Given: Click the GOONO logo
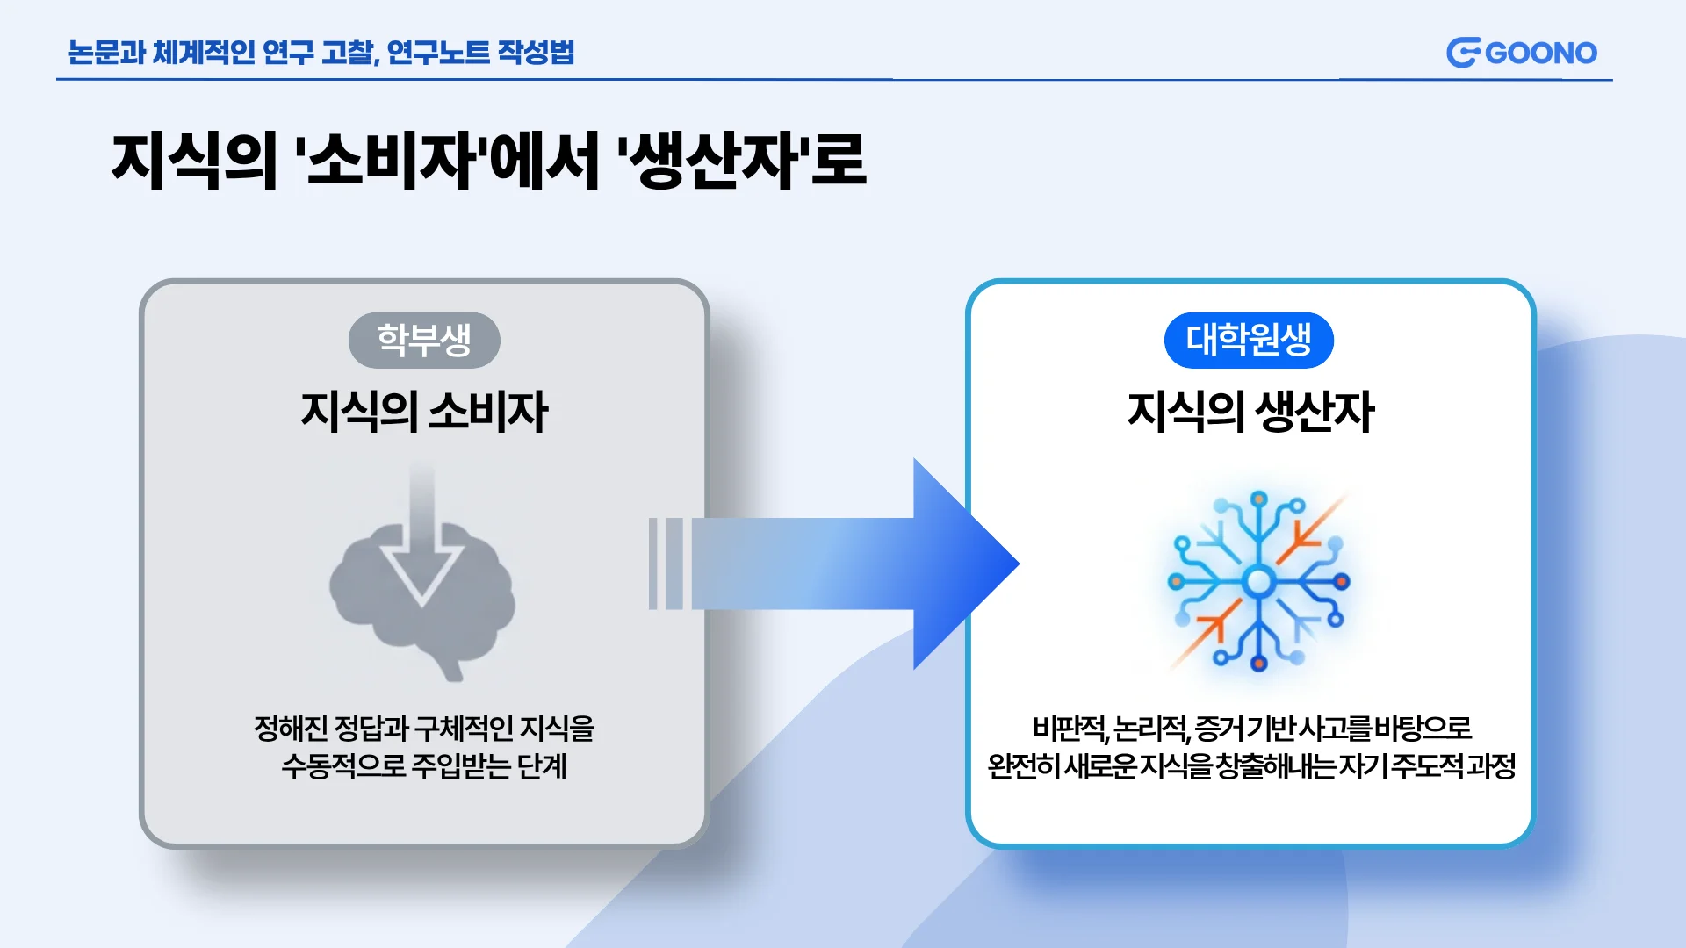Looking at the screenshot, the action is coord(1522,53).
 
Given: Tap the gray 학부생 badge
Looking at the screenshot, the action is coord(424,341).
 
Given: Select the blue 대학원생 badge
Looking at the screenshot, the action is coord(1249,341).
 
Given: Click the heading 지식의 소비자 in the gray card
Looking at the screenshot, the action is coord(424,412).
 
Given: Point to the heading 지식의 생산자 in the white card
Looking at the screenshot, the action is coord(1250,412).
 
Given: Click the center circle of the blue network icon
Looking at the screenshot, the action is coord(1258,581).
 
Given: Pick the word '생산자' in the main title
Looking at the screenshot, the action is coord(712,161).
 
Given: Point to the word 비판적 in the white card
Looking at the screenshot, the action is coord(1069,729).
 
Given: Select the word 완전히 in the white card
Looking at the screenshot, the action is coord(1024,766).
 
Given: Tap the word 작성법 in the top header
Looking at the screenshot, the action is coord(536,53).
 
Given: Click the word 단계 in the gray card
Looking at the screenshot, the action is coord(542,766).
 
